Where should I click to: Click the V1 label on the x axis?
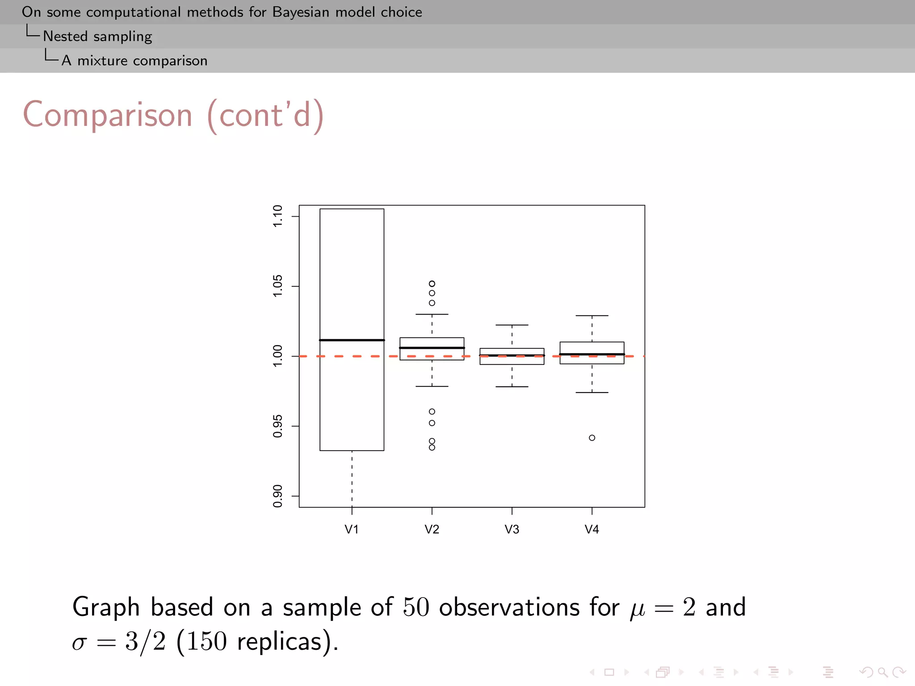pyautogui.click(x=352, y=529)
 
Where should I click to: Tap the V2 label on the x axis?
pyautogui.click(x=432, y=529)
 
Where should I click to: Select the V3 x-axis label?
pyautogui.click(x=512, y=529)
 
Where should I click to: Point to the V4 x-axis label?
pyautogui.click(x=592, y=529)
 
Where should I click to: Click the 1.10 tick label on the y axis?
pyautogui.click(x=277, y=216)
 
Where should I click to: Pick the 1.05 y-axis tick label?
pyautogui.click(x=277, y=286)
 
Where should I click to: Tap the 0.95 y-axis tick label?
pyautogui.click(x=277, y=426)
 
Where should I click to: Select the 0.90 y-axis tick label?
pyautogui.click(x=277, y=496)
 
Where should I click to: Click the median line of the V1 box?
pyautogui.click(x=352, y=340)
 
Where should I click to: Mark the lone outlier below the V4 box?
pyautogui.click(x=592, y=438)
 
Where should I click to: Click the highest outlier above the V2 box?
pyautogui.click(x=432, y=284)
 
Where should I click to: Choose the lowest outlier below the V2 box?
pyautogui.click(x=432, y=448)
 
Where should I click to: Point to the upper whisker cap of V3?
pyautogui.click(x=512, y=325)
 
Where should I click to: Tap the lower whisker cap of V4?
pyautogui.click(x=592, y=393)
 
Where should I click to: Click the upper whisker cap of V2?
pyautogui.click(x=432, y=314)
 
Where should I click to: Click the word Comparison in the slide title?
pyautogui.click(x=108, y=115)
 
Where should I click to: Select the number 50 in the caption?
pyautogui.click(x=416, y=607)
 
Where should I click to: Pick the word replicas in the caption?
pyautogui.click(x=279, y=642)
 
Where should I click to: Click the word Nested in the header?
pyautogui.click(x=65, y=36)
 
